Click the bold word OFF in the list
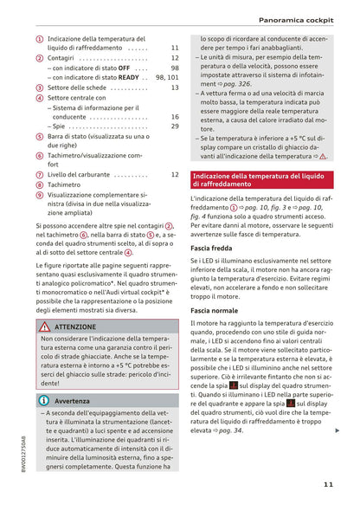click(124, 68)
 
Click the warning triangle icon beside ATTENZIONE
click(43, 327)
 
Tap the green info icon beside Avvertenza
click(43, 401)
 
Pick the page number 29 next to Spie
click(174, 126)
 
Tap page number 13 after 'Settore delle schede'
click(174, 87)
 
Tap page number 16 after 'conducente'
click(174, 116)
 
